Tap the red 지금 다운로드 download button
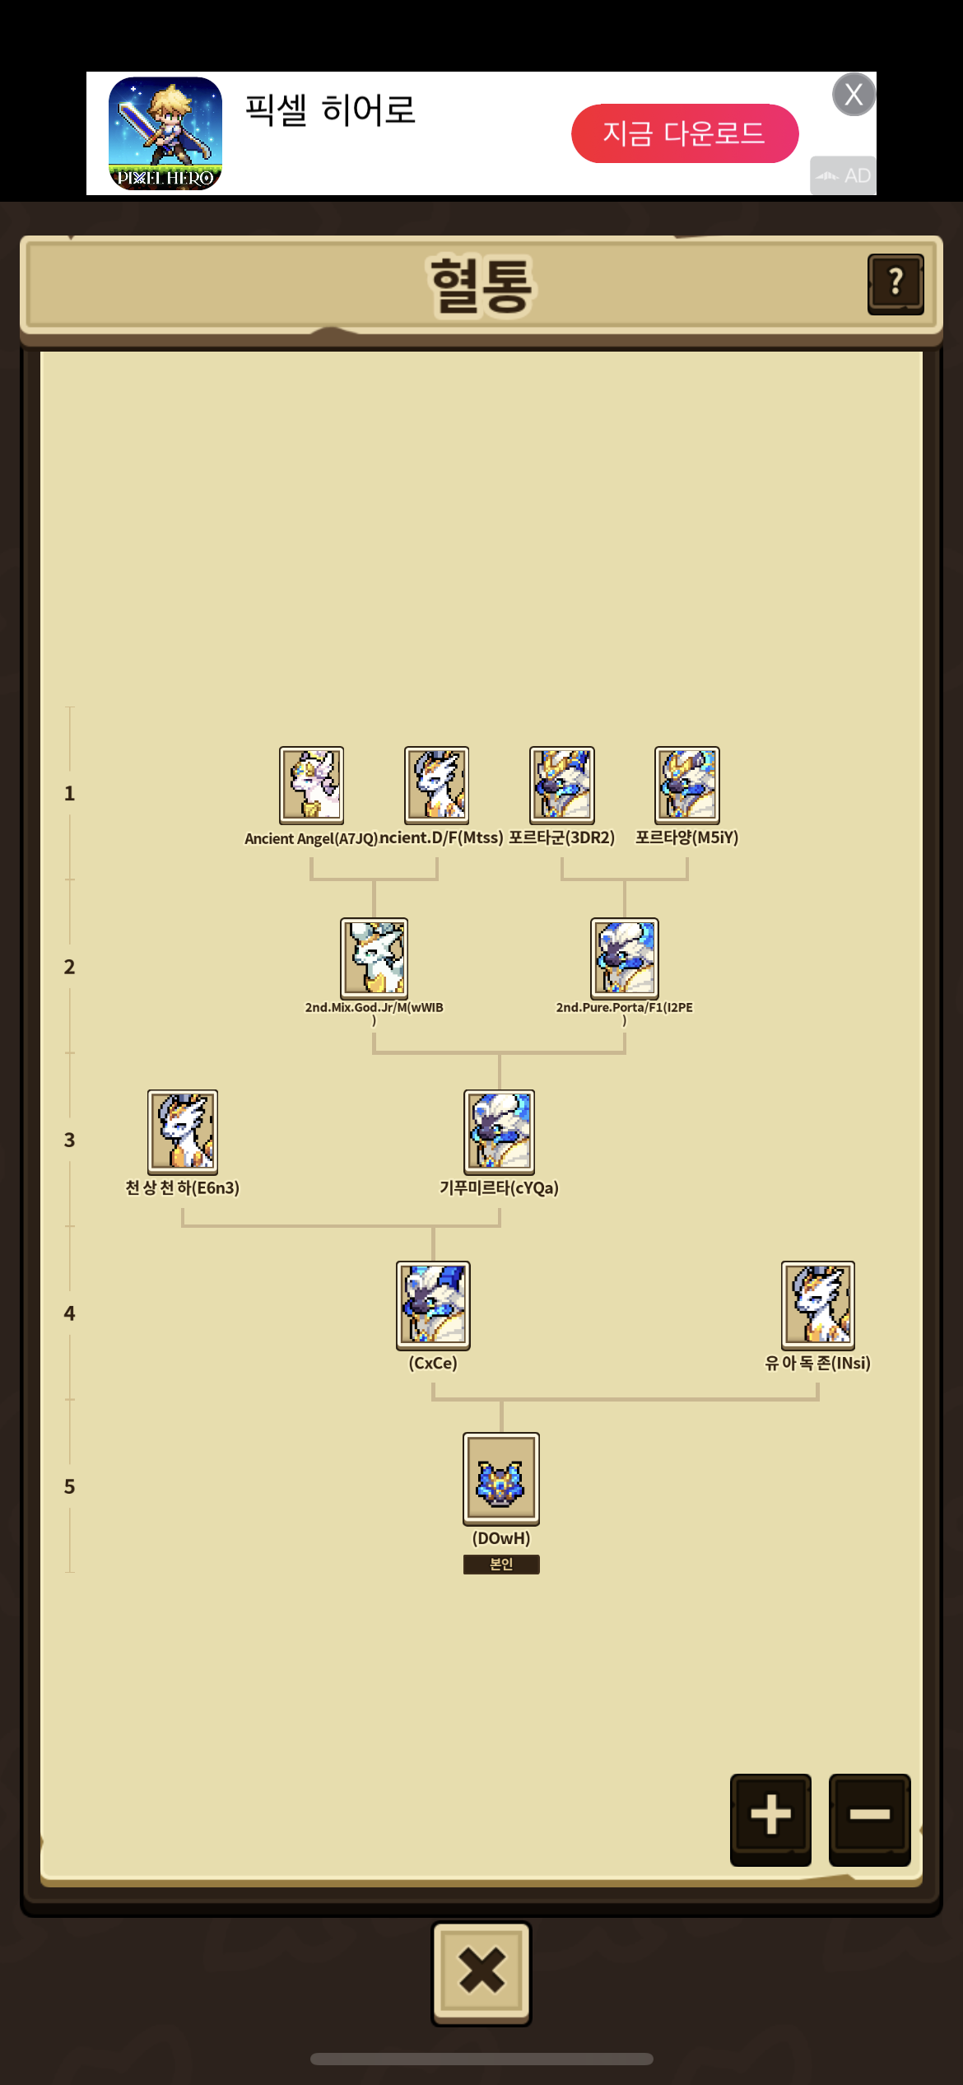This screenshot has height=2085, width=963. coord(685,133)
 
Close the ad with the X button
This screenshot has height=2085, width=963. coord(854,95)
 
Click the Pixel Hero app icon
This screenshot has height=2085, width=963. coord(165,133)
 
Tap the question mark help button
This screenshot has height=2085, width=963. coord(896,284)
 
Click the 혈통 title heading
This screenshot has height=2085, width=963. coord(481,285)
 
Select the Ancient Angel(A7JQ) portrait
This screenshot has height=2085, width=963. coord(311,785)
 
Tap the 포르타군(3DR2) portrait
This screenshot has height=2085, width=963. coord(562,785)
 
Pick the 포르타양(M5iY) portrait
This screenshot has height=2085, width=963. coord(687,785)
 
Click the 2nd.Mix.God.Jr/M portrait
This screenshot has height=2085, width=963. coord(374,958)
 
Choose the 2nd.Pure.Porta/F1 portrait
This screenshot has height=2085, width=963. coord(625,958)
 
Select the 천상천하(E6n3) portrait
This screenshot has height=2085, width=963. coord(183,1131)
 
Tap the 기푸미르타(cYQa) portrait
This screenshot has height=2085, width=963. coord(500,1131)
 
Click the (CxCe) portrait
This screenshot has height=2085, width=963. coord(433,1305)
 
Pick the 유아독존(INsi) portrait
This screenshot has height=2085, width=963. coord(818,1305)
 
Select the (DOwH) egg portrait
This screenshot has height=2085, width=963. coord(501,1479)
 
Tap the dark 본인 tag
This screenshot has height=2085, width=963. coord(501,1564)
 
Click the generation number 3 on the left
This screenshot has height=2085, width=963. coord(69,1140)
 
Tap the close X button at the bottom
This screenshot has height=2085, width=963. coord(481,1972)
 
